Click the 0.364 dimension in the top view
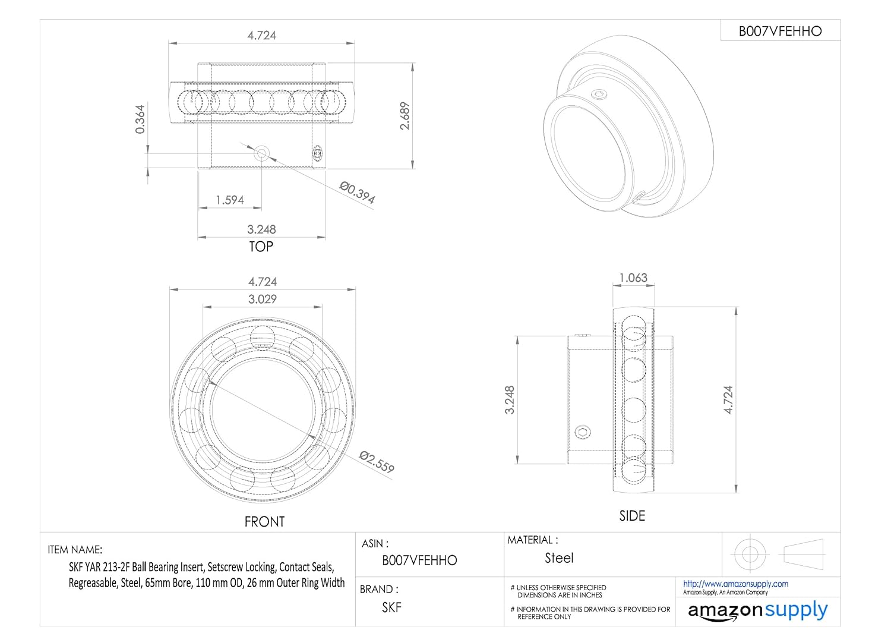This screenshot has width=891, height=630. pos(140,119)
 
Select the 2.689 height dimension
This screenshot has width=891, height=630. pos(405,116)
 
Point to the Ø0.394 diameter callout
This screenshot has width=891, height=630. pos(357,193)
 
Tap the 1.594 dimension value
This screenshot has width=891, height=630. pos(230,200)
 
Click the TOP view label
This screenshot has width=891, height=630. pos(261,246)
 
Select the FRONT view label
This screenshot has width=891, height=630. pos(264,522)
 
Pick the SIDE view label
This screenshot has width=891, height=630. pos(632,516)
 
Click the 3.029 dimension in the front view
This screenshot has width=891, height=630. pos(262,299)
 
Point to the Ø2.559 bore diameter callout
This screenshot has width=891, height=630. pos(377,461)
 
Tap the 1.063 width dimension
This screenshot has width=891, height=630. pos(633,278)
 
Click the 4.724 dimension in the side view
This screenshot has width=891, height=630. pos(729,399)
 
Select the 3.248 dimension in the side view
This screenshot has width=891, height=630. pos(510,399)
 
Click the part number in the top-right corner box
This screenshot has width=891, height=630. pos(780,31)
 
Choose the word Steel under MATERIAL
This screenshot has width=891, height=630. pos(559,558)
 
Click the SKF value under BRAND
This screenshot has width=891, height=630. pos(391,607)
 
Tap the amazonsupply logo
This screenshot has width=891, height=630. pos(757,611)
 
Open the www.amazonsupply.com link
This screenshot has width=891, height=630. pos(735,584)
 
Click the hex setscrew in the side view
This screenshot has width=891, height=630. pos(583,432)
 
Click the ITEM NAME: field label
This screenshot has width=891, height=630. pos(75,550)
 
